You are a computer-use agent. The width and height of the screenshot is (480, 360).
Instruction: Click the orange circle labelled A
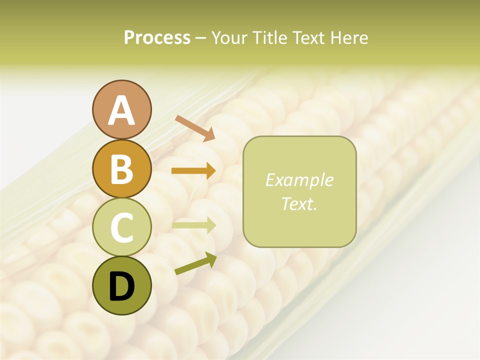(x=121, y=110)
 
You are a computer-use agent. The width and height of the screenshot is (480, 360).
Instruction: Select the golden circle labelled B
(x=121, y=168)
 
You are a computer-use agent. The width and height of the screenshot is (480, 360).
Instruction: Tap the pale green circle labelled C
(x=121, y=227)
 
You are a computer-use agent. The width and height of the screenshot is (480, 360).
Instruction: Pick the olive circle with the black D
(x=121, y=285)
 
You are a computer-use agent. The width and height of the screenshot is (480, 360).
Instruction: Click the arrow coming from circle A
(x=195, y=128)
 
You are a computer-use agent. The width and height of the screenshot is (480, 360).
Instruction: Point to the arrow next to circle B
(x=193, y=170)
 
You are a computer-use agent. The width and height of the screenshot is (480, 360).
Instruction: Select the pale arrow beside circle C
(x=193, y=225)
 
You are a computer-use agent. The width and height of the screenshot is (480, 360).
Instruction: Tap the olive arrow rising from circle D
(x=195, y=263)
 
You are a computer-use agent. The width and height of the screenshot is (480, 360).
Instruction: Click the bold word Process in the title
(x=157, y=37)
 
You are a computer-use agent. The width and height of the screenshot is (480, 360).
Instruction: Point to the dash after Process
(x=201, y=38)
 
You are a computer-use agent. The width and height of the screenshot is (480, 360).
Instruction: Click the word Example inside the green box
(x=299, y=180)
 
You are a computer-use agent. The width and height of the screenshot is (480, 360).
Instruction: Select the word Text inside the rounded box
(x=297, y=204)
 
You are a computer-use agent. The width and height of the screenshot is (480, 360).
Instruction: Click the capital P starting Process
(x=129, y=37)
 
